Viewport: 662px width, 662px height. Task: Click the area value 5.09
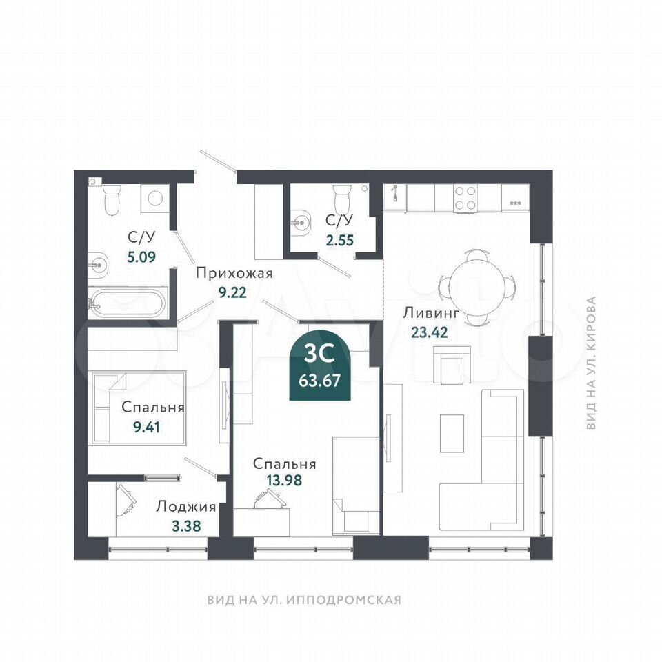point(142,257)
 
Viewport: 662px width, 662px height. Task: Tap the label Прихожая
point(234,274)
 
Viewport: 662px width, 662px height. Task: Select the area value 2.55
point(340,240)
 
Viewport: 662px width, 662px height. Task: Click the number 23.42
point(430,332)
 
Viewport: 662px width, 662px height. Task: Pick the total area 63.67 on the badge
point(319,381)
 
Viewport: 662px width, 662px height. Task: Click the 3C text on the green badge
point(319,354)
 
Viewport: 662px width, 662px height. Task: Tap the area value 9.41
point(146,428)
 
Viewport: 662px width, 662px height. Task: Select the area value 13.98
point(285,480)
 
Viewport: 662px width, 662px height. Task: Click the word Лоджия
point(186,507)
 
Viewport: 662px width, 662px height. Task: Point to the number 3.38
point(186,526)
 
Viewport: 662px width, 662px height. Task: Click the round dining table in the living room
point(477,288)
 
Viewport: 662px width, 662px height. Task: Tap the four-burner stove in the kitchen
point(465,198)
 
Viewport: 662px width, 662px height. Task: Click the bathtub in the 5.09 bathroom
point(127,303)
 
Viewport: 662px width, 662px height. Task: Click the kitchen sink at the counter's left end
point(394,198)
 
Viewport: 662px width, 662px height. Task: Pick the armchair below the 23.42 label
point(452,365)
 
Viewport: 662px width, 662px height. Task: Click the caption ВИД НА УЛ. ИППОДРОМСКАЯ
point(304,600)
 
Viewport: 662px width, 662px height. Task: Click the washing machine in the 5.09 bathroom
point(155,198)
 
